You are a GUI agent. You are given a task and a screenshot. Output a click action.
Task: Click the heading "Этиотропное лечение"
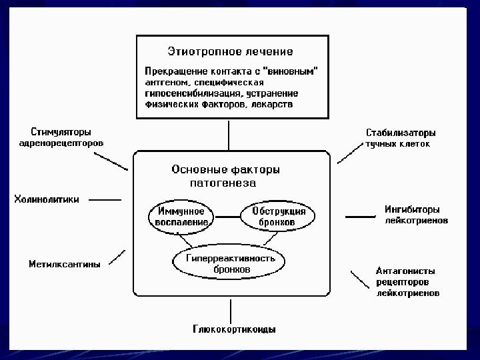229,51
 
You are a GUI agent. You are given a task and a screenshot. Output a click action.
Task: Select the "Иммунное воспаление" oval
181,216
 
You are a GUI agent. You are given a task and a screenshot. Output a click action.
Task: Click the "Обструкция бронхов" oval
279,216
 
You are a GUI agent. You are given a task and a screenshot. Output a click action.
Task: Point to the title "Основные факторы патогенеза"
225,175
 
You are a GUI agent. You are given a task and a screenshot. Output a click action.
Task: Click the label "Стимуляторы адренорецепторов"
61,137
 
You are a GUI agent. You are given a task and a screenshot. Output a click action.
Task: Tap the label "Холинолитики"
47,199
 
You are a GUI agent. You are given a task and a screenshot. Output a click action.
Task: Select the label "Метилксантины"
65,264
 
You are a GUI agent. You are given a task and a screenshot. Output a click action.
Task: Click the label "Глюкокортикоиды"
234,329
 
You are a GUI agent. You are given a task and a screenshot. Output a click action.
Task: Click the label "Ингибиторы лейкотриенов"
416,214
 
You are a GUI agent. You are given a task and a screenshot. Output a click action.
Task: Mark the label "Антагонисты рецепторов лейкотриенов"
407,281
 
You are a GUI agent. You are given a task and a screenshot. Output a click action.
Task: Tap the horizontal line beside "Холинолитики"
105,199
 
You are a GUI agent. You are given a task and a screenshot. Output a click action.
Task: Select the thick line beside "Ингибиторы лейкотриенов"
360,216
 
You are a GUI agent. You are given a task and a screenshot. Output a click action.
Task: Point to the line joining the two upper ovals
230,216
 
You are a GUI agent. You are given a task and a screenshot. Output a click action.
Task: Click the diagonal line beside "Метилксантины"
117,256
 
